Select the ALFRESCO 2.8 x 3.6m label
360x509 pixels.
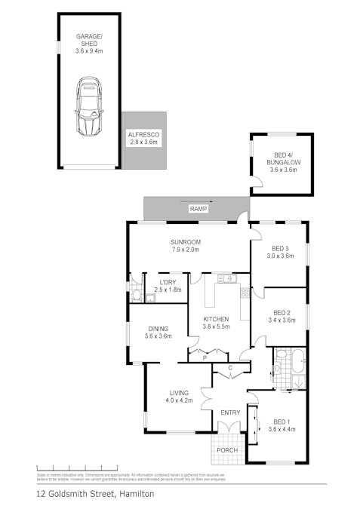coord(143,138)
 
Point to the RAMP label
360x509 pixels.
coord(198,208)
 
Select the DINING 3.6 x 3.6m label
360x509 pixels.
coord(158,332)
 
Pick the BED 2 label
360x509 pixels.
coord(282,316)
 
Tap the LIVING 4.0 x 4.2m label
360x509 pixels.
coord(179,396)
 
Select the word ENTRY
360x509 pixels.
coord(229,412)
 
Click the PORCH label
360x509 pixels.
coord(227,450)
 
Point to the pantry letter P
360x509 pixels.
coord(203,359)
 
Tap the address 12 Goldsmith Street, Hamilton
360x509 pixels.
coord(95,494)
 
